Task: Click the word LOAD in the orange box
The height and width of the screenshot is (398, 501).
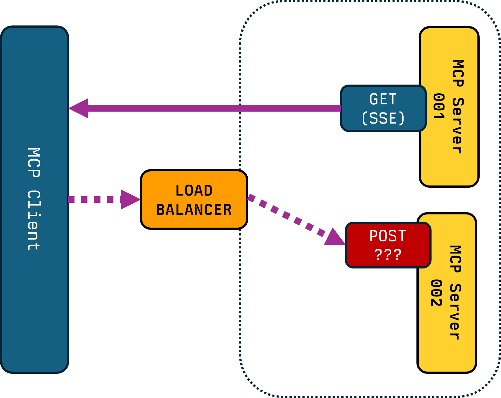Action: point(194,191)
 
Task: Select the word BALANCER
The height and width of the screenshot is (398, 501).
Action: point(194,210)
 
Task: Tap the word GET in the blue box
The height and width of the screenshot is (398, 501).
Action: point(383,99)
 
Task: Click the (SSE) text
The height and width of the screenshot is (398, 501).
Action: point(383,118)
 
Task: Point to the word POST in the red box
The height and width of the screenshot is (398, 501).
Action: point(388,236)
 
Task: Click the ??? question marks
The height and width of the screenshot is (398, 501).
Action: point(388,255)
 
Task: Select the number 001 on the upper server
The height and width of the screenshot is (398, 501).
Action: point(439,106)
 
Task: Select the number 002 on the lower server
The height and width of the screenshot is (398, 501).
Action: point(436,293)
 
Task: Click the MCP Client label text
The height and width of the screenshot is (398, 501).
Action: point(34,199)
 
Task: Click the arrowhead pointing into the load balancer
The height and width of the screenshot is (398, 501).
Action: point(130,199)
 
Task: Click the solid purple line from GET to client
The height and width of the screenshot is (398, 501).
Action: point(214,108)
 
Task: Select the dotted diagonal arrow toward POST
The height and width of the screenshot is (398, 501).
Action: point(286,215)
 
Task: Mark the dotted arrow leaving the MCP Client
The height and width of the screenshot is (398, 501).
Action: point(94,199)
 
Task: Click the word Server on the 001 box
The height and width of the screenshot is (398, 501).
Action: point(458,126)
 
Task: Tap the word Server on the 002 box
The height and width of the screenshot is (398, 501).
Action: point(455,312)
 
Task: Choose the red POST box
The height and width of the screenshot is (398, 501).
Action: point(388,245)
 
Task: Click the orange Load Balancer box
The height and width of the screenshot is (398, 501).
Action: point(194,199)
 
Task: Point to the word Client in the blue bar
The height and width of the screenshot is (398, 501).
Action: point(34,220)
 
